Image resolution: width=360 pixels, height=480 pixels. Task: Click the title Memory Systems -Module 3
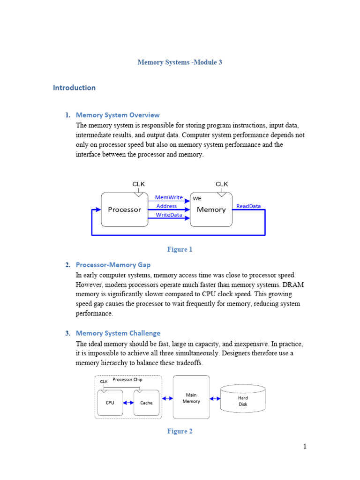(180, 62)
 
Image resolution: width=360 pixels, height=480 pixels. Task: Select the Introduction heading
(74, 88)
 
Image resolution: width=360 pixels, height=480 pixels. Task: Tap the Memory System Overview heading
(118, 115)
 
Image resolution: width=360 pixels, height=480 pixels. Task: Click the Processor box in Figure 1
(124, 210)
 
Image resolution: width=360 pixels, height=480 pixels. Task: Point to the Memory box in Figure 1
(211, 210)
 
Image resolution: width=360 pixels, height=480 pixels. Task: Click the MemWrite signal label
(168, 198)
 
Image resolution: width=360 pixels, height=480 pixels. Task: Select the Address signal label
(166, 206)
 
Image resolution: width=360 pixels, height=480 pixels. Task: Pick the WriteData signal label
(169, 215)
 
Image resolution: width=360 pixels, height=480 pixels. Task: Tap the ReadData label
(248, 206)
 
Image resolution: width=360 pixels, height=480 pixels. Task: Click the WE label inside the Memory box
(197, 199)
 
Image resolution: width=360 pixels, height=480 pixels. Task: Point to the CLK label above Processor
(139, 184)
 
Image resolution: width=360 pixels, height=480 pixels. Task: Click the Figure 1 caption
(180, 249)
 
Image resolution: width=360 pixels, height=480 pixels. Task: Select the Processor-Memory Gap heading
(113, 265)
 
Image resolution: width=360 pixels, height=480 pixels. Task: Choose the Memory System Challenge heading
(118, 333)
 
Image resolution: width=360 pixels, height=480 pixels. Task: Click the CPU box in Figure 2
(110, 403)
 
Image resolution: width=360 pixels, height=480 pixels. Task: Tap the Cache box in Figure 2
(146, 403)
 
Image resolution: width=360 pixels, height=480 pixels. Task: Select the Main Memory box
(191, 398)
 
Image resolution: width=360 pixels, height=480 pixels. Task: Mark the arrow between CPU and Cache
(128, 403)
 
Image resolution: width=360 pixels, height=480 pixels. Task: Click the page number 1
(304, 446)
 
